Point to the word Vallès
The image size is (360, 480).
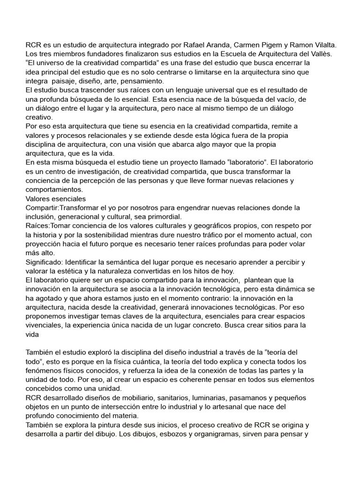coord(321,53)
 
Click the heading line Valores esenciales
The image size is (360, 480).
coord(59,198)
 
